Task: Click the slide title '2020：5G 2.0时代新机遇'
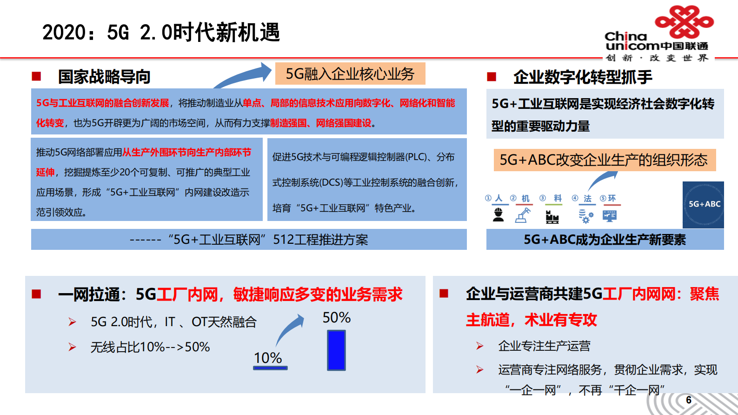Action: pyautogui.click(x=161, y=32)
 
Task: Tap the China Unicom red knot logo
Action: pyautogui.click(x=684, y=21)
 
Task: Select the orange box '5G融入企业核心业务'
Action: pyautogui.click(x=350, y=74)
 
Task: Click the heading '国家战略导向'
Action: pyautogui.click(x=104, y=77)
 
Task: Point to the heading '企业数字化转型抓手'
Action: pyautogui.click(x=583, y=77)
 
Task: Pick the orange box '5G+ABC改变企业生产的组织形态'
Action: pyautogui.click(x=604, y=160)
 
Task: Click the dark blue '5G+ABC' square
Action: pyautogui.click(x=703, y=204)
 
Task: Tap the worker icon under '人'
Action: pyautogui.click(x=499, y=215)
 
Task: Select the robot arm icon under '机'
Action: pyautogui.click(x=523, y=215)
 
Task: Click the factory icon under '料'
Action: pyautogui.click(x=552, y=216)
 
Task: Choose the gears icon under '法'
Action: pyautogui.click(x=585, y=216)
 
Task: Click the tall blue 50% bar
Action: pyautogui.click(x=336, y=350)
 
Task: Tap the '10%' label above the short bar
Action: pyautogui.click(x=268, y=358)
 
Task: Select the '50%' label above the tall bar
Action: pyautogui.click(x=337, y=318)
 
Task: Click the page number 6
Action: pyautogui.click(x=689, y=400)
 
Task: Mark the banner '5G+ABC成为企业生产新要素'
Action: pyautogui.click(x=605, y=240)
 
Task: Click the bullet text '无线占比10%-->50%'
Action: pyautogui.click(x=150, y=347)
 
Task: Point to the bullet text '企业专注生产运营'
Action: pyautogui.click(x=544, y=346)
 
